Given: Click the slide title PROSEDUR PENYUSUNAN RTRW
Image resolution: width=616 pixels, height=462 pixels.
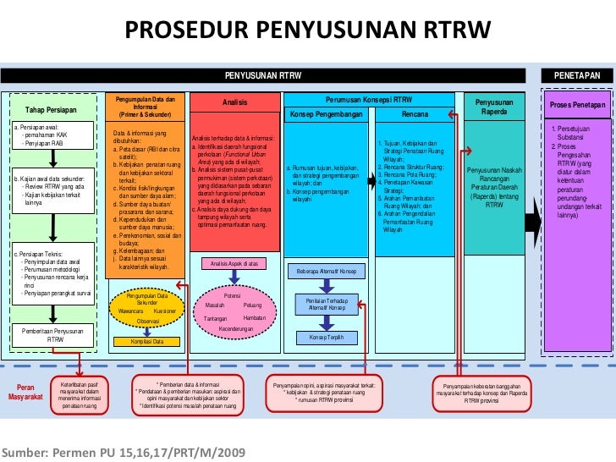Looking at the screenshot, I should (x=308, y=31).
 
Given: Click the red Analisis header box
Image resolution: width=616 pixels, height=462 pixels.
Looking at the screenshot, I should (x=234, y=103).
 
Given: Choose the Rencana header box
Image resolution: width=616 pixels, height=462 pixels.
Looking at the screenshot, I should (x=415, y=114).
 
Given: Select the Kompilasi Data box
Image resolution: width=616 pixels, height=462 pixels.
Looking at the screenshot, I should (x=146, y=341).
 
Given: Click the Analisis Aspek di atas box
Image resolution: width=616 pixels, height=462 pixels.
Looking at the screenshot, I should (x=233, y=263).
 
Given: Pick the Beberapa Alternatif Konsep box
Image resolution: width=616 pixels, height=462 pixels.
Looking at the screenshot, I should (x=325, y=272).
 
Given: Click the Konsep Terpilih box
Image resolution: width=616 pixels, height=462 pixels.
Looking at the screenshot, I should (x=325, y=338).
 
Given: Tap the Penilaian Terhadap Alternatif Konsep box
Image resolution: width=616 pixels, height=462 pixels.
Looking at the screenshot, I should (x=325, y=304).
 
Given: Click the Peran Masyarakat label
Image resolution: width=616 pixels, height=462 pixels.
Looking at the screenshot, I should (x=25, y=391).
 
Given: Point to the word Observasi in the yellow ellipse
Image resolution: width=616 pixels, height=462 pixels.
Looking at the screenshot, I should (x=148, y=322).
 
